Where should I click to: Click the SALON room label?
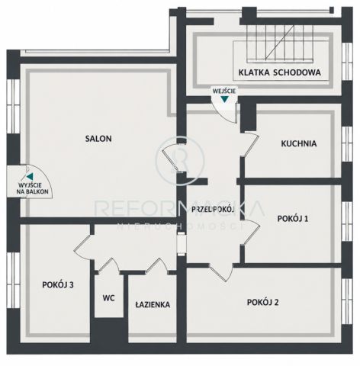98,139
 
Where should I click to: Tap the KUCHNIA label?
299,143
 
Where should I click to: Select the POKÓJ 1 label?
293,218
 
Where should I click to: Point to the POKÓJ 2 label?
263,302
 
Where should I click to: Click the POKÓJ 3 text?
58,284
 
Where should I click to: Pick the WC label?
109,298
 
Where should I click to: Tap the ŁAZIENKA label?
153,304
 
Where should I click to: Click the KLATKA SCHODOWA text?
279,72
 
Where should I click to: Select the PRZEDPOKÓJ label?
213,210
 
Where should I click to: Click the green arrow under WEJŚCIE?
224,99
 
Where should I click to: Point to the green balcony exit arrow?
30,176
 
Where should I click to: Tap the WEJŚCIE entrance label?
224,91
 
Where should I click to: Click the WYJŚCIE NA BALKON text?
32,188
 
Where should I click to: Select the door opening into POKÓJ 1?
252,232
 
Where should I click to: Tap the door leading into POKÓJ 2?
220,272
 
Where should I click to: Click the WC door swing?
109,265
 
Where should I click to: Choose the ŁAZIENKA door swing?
157,266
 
